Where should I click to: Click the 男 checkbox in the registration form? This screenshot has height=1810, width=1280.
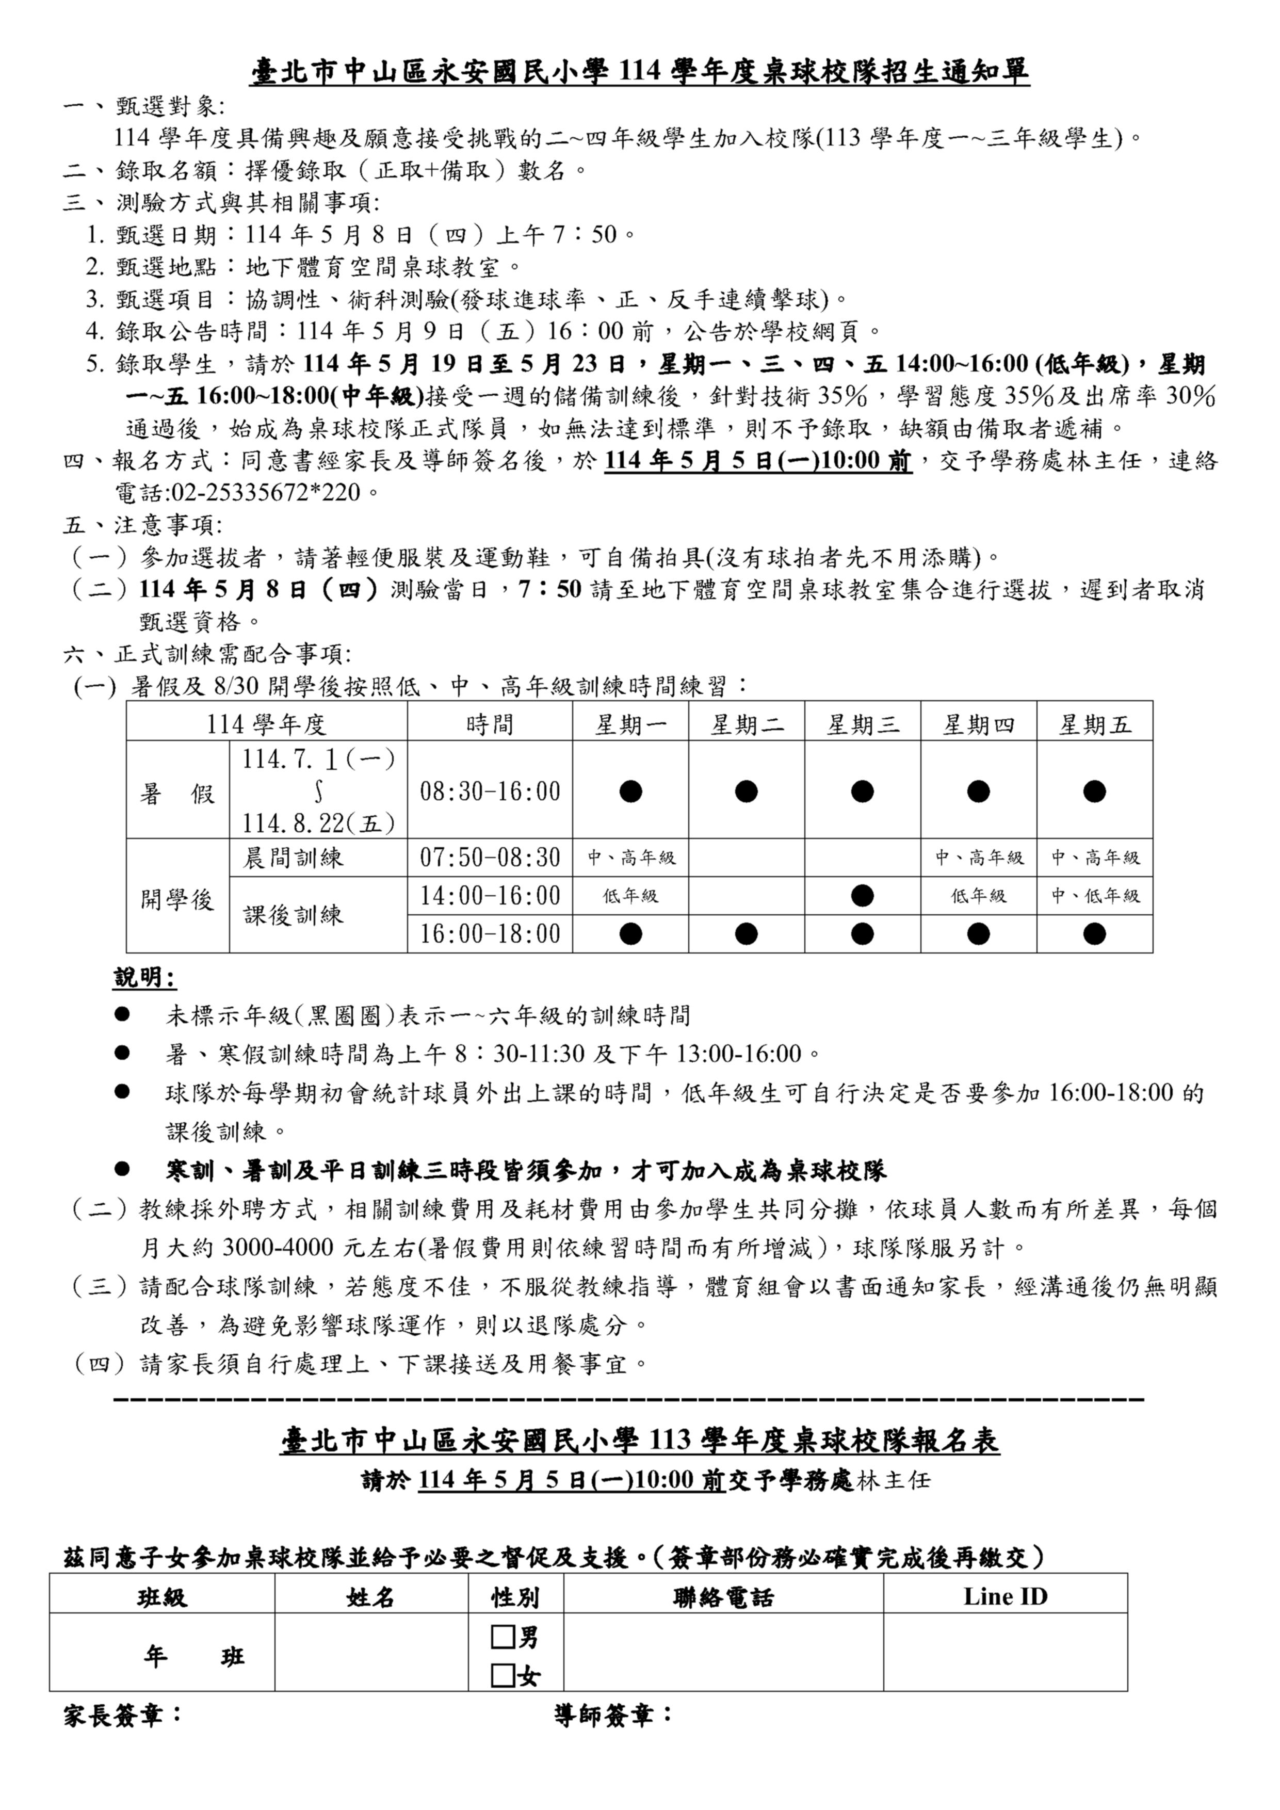coord(503,1638)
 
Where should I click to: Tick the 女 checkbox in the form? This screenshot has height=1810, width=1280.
coord(503,1675)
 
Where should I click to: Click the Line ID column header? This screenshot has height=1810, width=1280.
coord(1005,1596)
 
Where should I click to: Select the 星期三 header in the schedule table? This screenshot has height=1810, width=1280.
coord(862,724)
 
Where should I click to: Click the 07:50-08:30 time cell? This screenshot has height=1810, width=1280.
coord(490,857)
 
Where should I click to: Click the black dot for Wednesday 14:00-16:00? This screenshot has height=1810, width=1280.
coord(862,896)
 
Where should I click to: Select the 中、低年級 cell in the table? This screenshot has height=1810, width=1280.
coord(1095,896)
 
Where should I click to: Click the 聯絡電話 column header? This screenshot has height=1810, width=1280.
coord(723,1597)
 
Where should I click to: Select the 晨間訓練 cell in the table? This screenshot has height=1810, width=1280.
coord(293,858)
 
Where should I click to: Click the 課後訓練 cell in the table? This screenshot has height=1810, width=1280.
coord(293,915)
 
